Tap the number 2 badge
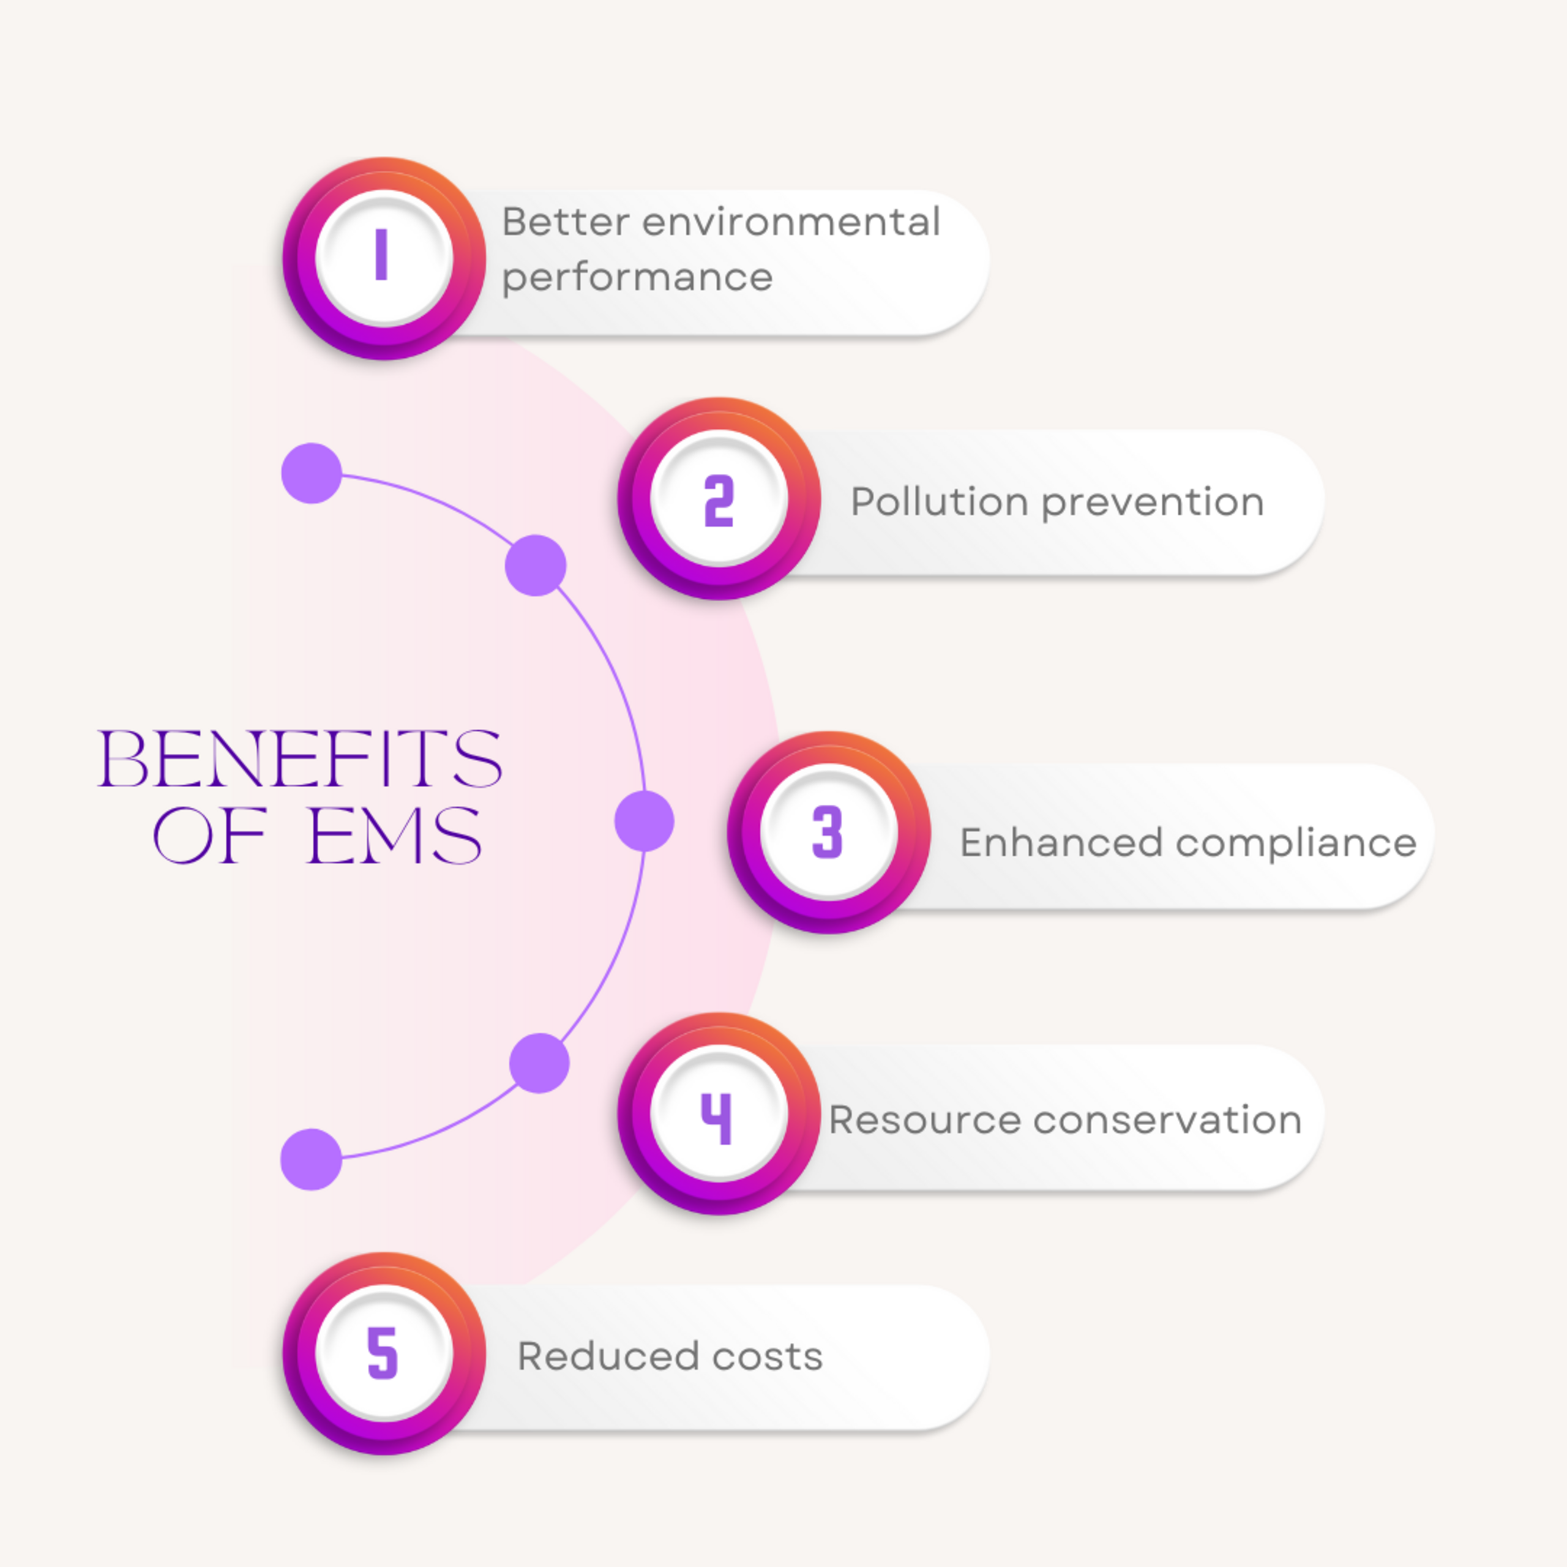[x=719, y=499]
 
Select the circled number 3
[x=828, y=832]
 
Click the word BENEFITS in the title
[x=300, y=758]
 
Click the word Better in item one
[x=566, y=222]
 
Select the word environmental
[x=791, y=222]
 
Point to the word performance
[x=637, y=278]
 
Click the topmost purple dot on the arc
[x=312, y=473]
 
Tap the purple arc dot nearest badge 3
[x=644, y=821]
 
